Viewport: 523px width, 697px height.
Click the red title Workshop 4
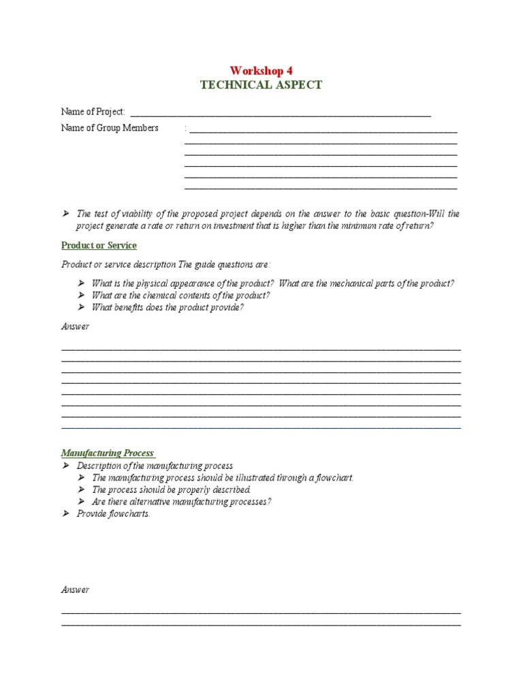[x=261, y=71]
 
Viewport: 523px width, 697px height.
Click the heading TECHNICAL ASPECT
[x=261, y=85]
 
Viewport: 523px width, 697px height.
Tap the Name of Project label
[x=93, y=112]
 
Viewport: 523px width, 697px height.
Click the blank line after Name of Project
[x=279, y=114]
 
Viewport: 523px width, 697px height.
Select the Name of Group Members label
[x=110, y=128]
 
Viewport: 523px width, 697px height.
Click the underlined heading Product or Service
[x=99, y=245]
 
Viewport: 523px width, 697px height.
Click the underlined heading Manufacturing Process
[x=108, y=453]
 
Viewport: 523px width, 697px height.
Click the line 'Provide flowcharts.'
[x=113, y=514]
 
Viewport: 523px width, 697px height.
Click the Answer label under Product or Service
[x=75, y=327]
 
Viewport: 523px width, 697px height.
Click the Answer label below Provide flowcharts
[x=75, y=589]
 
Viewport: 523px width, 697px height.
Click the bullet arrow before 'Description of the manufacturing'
[x=66, y=466]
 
